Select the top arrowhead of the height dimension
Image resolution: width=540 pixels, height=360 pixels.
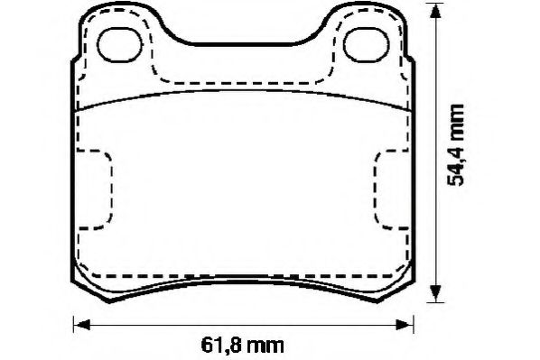click(438, 12)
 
